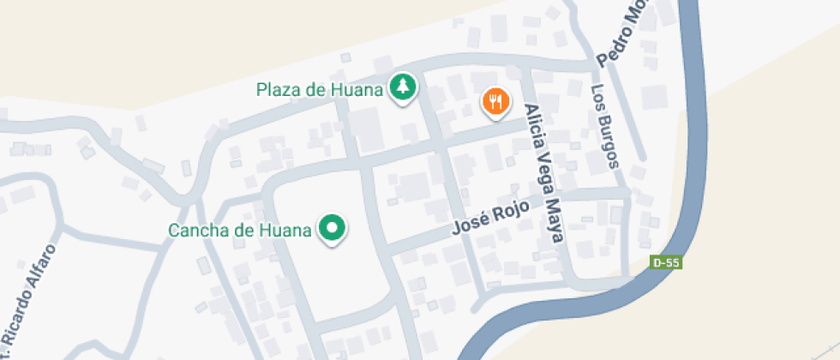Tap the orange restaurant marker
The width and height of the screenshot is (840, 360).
click(x=495, y=103)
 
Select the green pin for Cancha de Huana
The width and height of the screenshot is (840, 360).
click(x=332, y=228)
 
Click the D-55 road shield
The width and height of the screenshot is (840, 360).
click(x=666, y=262)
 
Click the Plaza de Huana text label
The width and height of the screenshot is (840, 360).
click(x=318, y=88)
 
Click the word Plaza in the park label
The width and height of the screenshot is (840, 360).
click(x=276, y=88)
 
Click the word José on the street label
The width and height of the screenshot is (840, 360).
click(x=468, y=226)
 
